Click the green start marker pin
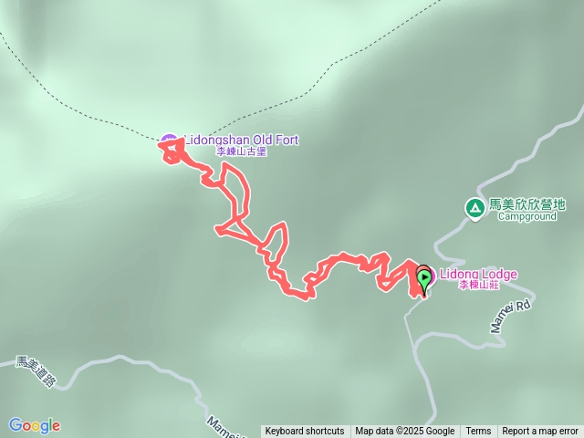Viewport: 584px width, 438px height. (424, 276)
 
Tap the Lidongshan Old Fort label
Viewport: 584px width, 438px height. (241, 141)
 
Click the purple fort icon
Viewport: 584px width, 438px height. (169, 141)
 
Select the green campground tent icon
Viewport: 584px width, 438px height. (474, 207)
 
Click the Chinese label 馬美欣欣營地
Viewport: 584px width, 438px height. (527, 205)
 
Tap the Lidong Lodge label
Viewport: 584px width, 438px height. (478, 275)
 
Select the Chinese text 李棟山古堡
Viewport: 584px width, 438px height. (242, 151)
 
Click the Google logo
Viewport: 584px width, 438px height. (34, 425)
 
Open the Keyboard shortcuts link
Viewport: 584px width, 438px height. (305, 432)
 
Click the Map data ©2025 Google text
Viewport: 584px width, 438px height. (405, 432)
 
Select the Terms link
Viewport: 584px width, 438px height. (478, 432)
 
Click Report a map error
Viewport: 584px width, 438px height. (540, 432)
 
